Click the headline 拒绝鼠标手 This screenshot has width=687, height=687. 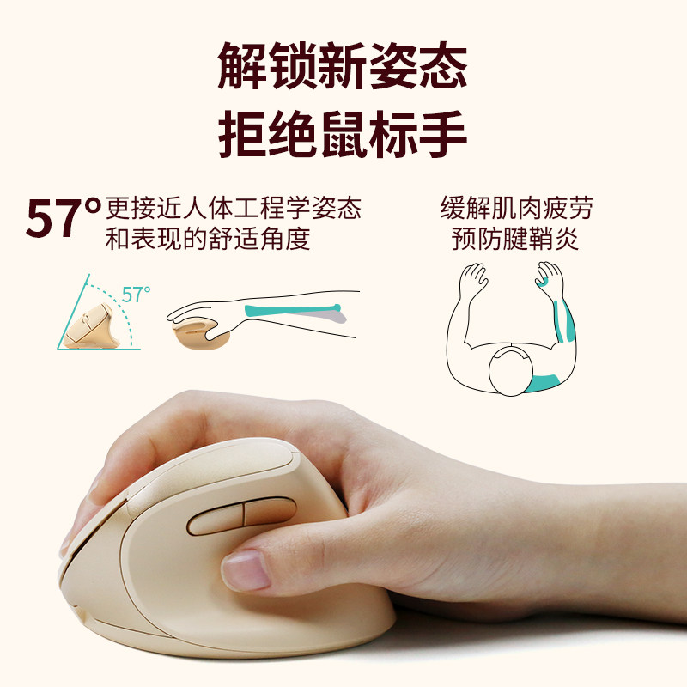pos(343,134)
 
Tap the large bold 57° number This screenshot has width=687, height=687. pos(64,221)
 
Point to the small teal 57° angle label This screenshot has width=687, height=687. pos(136,295)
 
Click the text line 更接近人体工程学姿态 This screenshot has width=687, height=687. pos(233,209)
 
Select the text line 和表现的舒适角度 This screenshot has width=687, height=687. pos(207,239)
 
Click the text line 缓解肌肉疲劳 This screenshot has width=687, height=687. pos(516,209)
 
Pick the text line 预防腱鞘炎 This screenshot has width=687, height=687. pos(516,239)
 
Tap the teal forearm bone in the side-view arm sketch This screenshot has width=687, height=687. pos(292,310)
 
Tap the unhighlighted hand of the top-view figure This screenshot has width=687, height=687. pos(472,279)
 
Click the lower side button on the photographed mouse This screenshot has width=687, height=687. pos(269,512)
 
